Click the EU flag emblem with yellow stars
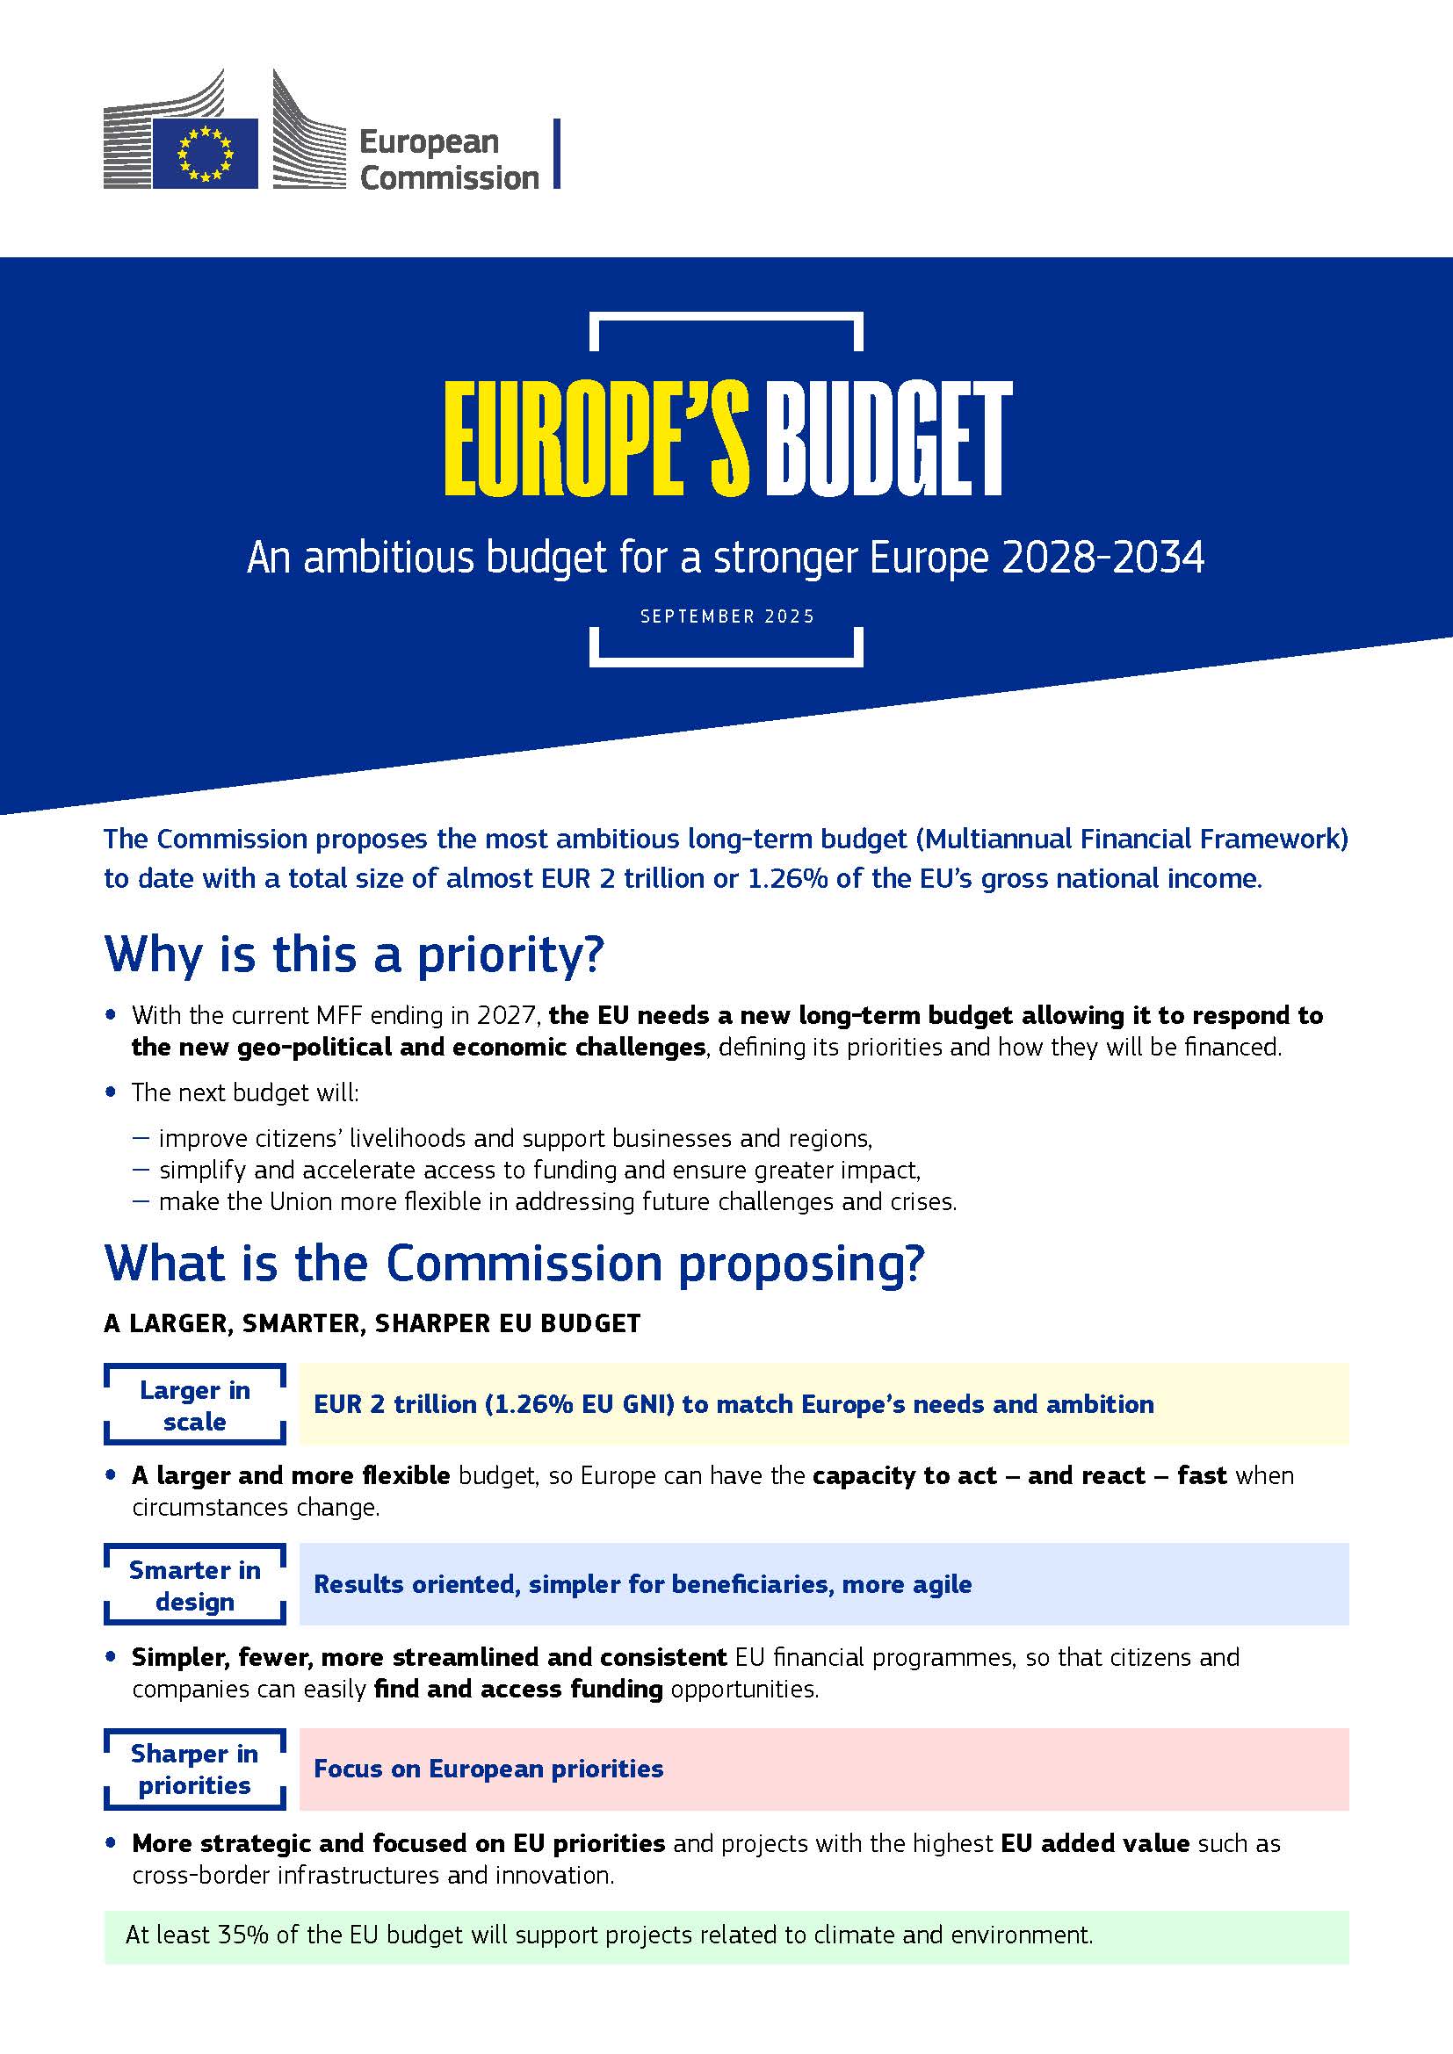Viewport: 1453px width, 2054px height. click(205, 153)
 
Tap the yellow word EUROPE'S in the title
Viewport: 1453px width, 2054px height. click(596, 440)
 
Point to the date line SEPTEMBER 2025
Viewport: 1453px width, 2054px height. click(727, 616)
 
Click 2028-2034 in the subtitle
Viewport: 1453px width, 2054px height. click(1102, 558)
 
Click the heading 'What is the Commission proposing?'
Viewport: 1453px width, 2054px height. click(514, 1263)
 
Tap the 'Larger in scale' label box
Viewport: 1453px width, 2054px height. click(195, 1405)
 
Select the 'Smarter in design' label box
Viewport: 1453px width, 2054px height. click(195, 1585)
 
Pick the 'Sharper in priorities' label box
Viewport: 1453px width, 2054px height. click(195, 1769)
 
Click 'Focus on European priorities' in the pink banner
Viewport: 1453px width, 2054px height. click(488, 1769)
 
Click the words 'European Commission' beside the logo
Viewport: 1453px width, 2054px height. click(448, 160)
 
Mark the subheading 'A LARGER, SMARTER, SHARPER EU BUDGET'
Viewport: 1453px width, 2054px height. click(372, 1324)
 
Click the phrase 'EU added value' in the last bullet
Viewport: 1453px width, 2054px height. click(1095, 1844)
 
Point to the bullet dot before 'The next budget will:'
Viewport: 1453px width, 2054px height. click(111, 1092)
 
